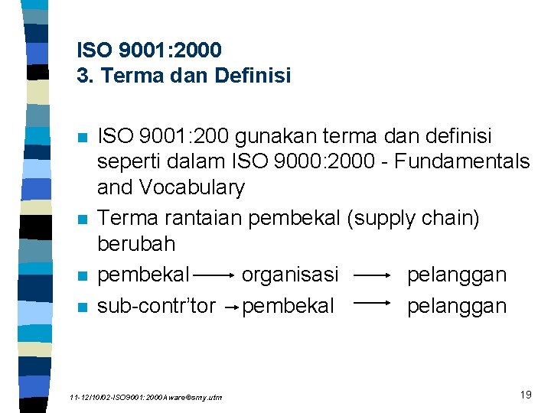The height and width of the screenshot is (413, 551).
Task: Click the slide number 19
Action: [x=525, y=395]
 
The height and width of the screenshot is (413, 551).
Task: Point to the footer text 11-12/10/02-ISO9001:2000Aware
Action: [x=145, y=398]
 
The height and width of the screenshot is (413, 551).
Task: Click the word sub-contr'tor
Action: [x=157, y=306]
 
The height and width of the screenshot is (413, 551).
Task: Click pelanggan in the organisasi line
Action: [x=457, y=274]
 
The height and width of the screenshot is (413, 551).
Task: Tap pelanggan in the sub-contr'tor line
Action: [x=457, y=306]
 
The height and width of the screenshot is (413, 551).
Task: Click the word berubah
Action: [x=136, y=244]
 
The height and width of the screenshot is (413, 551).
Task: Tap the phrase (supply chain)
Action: [x=413, y=218]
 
